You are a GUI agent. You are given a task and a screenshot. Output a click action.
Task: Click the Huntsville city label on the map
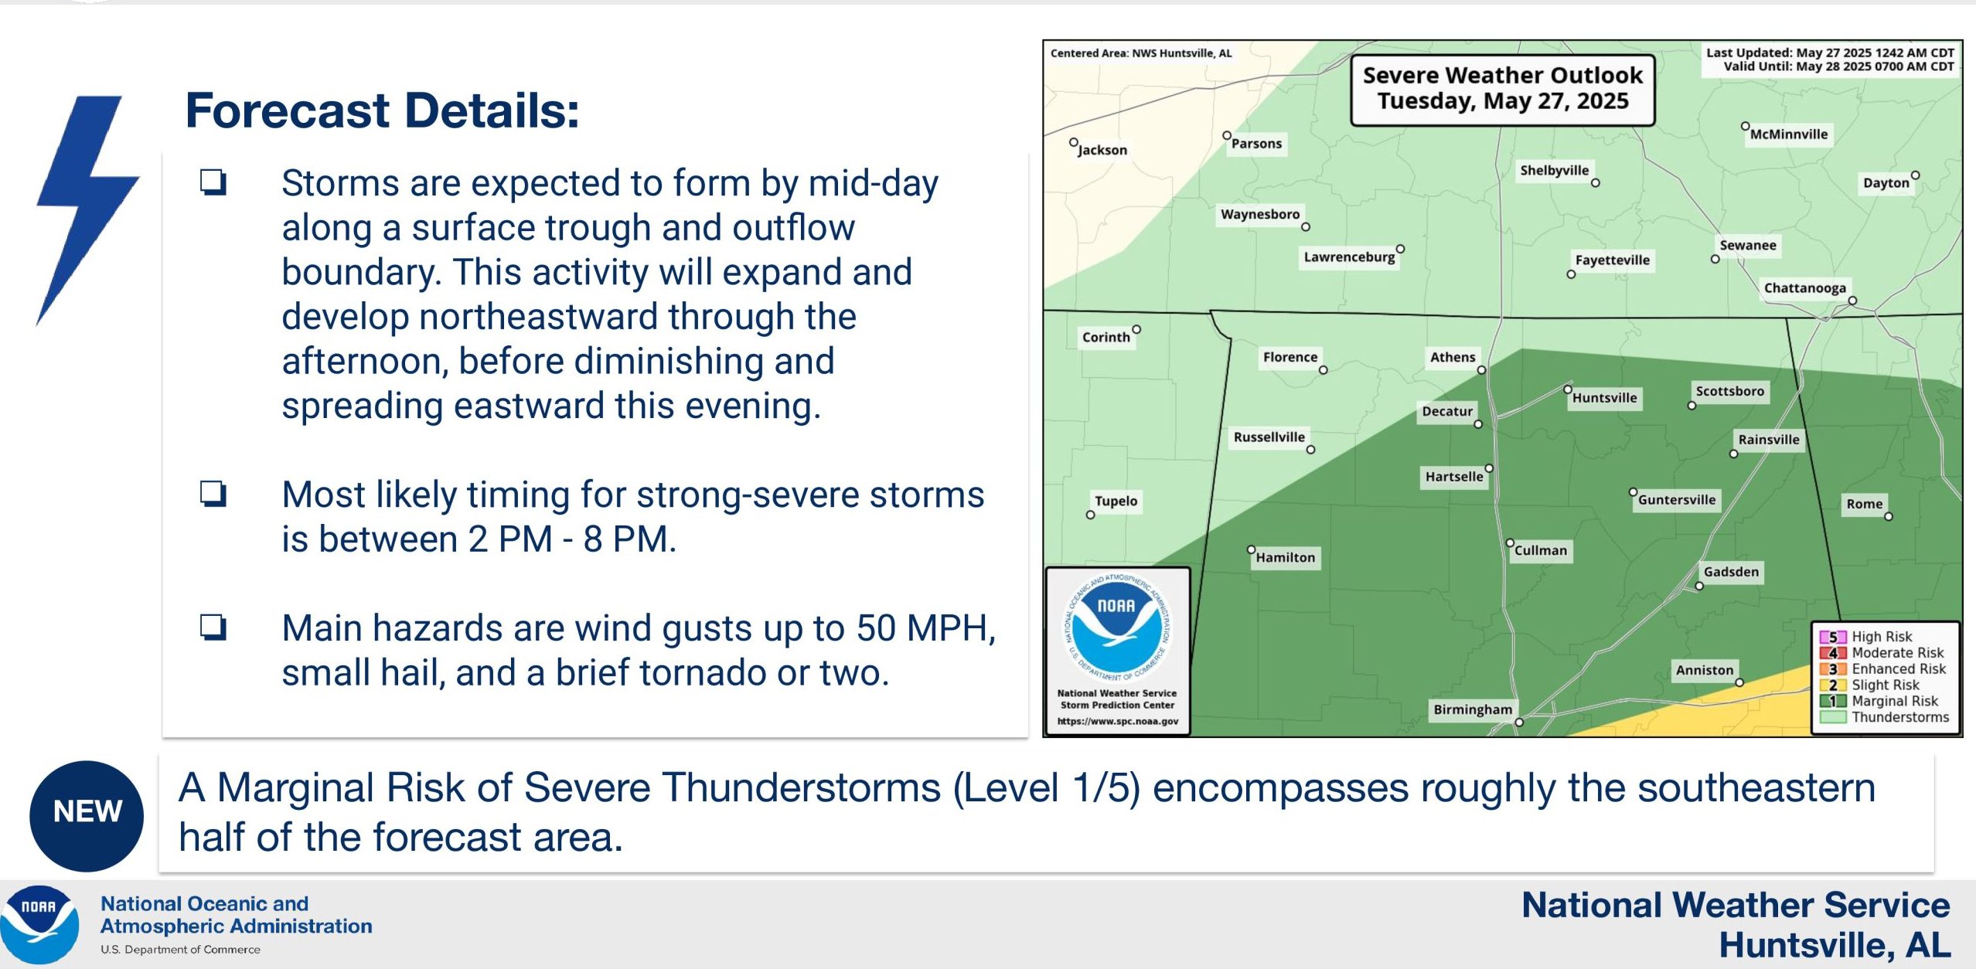1604,398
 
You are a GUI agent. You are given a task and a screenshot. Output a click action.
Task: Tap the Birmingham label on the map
1473,709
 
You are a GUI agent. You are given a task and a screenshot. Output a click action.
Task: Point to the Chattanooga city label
1804,288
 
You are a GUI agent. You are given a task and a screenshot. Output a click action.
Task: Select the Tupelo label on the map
1116,501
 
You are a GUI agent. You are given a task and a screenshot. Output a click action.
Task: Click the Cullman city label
1541,550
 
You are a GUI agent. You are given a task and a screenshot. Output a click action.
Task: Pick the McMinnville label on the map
1789,134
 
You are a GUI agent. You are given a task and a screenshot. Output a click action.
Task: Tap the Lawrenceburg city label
1349,257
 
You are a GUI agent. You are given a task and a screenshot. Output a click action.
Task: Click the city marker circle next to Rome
1889,517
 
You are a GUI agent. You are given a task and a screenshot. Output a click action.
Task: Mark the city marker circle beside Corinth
1136,329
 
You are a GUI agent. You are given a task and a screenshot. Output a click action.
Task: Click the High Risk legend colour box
1832,637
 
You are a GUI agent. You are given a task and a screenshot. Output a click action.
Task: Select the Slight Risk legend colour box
1832,685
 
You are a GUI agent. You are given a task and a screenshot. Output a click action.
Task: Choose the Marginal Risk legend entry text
1895,701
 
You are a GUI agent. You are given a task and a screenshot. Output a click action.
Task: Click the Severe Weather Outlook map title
1502,88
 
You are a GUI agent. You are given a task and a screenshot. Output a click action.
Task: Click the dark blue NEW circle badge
87,816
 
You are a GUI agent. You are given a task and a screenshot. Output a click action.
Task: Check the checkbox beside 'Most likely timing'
213,493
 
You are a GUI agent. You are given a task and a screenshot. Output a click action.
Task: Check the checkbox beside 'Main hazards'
213,627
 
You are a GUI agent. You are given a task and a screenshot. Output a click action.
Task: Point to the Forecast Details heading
382,110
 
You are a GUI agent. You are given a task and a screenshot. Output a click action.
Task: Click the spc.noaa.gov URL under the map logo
1117,721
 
